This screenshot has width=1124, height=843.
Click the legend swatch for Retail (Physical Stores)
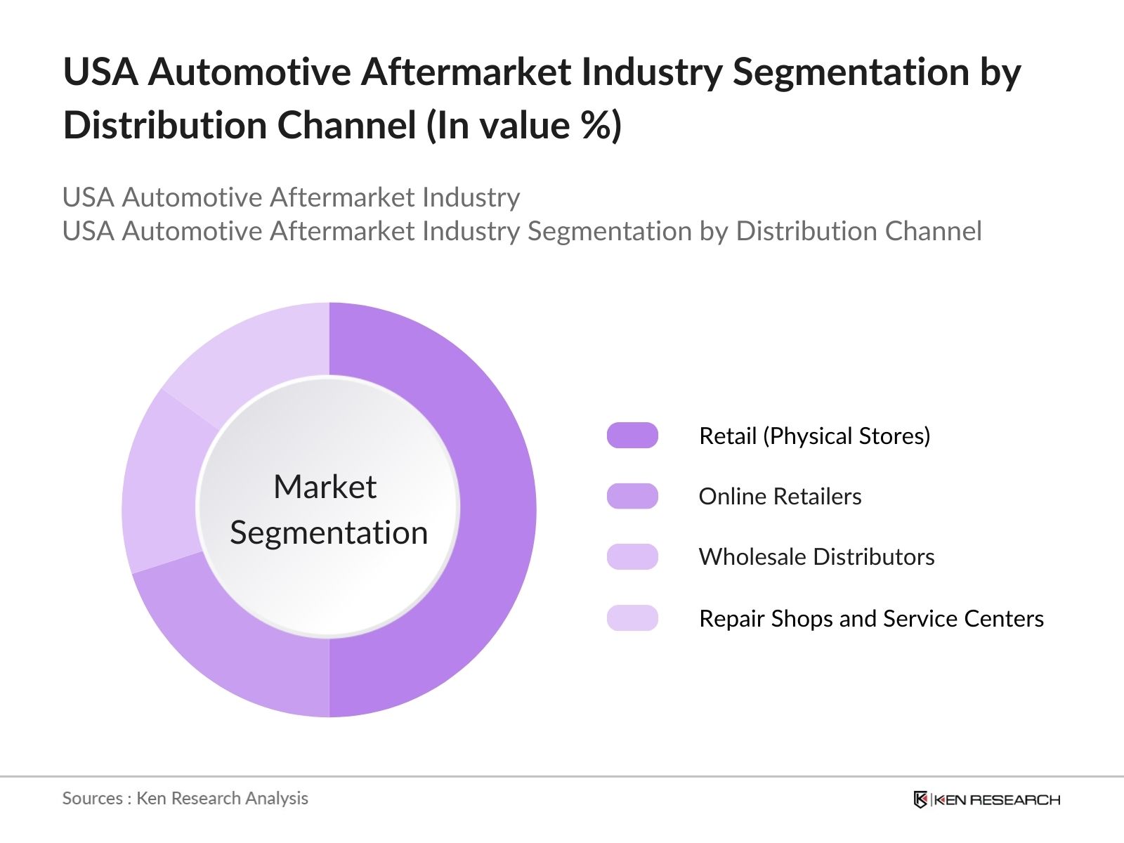(x=632, y=436)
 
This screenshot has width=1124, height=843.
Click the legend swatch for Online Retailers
(x=632, y=496)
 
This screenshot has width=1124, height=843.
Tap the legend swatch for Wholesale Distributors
(x=632, y=556)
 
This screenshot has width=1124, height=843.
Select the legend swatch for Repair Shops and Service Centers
(x=632, y=618)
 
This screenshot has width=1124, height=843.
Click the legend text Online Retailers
(x=780, y=497)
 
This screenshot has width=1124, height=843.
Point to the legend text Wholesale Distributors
(x=816, y=557)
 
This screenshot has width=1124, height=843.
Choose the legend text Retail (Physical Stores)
(x=814, y=436)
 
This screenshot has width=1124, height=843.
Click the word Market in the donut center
(x=325, y=487)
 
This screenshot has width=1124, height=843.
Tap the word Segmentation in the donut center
(x=329, y=532)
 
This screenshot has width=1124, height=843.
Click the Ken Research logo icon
(x=920, y=799)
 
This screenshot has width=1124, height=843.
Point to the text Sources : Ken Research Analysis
(x=185, y=799)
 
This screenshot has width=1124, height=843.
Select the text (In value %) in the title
(x=523, y=126)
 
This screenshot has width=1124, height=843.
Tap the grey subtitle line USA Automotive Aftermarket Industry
(x=291, y=197)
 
